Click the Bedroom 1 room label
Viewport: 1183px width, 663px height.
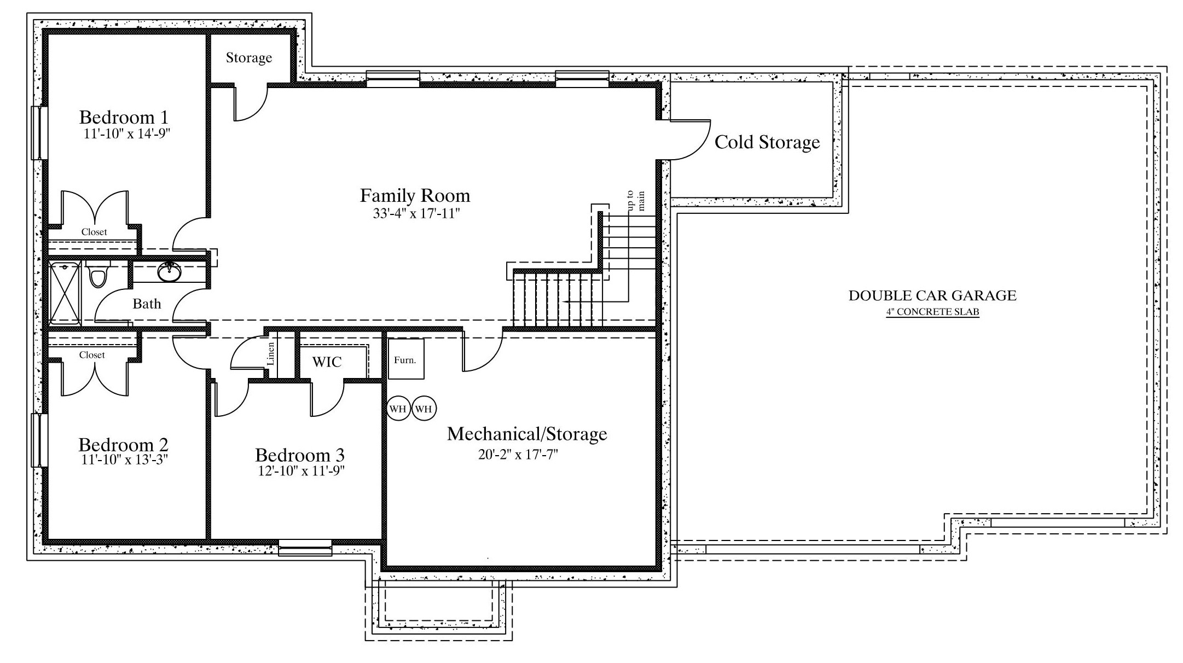[124, 117]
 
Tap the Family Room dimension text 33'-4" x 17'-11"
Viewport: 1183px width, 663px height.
[415, 213]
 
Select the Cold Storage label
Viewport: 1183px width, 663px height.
[767, 142]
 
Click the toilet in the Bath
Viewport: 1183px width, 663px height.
[98, 274]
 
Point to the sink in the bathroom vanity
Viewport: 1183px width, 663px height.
[170, 271]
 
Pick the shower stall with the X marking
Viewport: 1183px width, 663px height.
[65, 293]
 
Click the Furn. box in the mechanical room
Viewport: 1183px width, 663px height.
[406, 359]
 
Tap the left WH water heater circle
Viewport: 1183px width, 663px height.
[398, 409]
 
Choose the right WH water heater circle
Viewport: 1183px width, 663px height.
[424, 409]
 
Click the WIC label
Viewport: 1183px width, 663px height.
[327, 362]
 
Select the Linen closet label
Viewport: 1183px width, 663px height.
[270, 354]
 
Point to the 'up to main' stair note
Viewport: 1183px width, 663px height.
[636, 201]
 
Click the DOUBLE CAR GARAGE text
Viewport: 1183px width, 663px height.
[932, 295]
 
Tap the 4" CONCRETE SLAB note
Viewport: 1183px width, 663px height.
[932, 312]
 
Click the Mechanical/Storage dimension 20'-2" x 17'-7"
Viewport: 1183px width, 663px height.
[518, 454]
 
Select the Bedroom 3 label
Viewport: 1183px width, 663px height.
[300, 455]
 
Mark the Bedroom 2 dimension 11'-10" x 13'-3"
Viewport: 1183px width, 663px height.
[124, 460]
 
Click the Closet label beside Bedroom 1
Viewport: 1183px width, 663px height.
[94, 232]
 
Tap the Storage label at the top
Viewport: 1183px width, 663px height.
[249, 58]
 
